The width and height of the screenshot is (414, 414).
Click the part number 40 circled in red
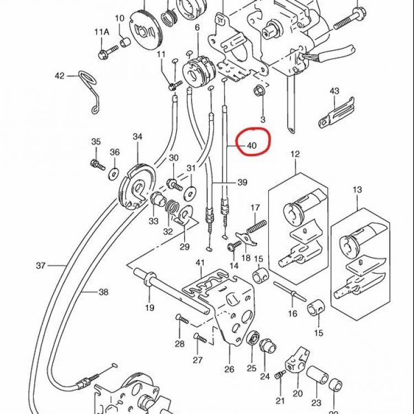(x=252, y=145)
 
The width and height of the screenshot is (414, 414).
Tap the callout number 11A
(x=102, y=32)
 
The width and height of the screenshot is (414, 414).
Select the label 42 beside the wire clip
(x=60, y=76)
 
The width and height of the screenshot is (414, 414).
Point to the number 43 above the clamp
(x=335, y=91)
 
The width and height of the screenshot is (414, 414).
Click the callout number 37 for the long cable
(x=41, y=266)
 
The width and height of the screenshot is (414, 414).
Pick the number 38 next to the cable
(x=104, y=292)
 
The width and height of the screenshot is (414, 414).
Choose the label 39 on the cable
(x=242, y=182)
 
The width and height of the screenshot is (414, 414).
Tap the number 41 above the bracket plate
(x=200, y=263)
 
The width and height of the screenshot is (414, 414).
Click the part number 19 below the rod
(x=150, y=307)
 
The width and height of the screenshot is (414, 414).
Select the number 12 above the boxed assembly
(x=295, y=154)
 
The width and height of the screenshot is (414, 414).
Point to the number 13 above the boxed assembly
(x=357, y=189)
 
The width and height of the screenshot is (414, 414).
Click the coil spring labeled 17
(x=256, y=227)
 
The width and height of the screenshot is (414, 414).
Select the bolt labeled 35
(x=98, y=165)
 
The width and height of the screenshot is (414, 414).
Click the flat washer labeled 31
(x=190, y=192)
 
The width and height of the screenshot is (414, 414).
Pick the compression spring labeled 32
(x=173, y=207)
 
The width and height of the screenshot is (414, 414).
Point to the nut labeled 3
(x=258, y=91)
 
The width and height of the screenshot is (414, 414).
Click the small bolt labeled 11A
(x=108, y=52)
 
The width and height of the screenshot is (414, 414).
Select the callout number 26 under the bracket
(x=229, y=369)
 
